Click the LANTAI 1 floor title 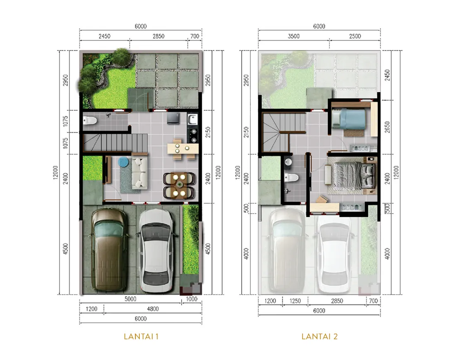pos(141,336)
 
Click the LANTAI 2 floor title pos(319,336)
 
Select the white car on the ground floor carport pos(156,250)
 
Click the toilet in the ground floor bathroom pos(90,121)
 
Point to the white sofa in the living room pos(140,173)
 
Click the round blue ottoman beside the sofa pos(123,162)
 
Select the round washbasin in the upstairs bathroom pos(288,162)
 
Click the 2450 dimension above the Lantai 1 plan pos(104,36)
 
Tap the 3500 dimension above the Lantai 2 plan pos(293,36)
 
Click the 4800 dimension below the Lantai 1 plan pos(153,309)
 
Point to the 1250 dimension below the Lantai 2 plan pos(295,301)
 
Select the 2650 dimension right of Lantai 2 pos(388,127)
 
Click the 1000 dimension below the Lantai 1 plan pos(192,299)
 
